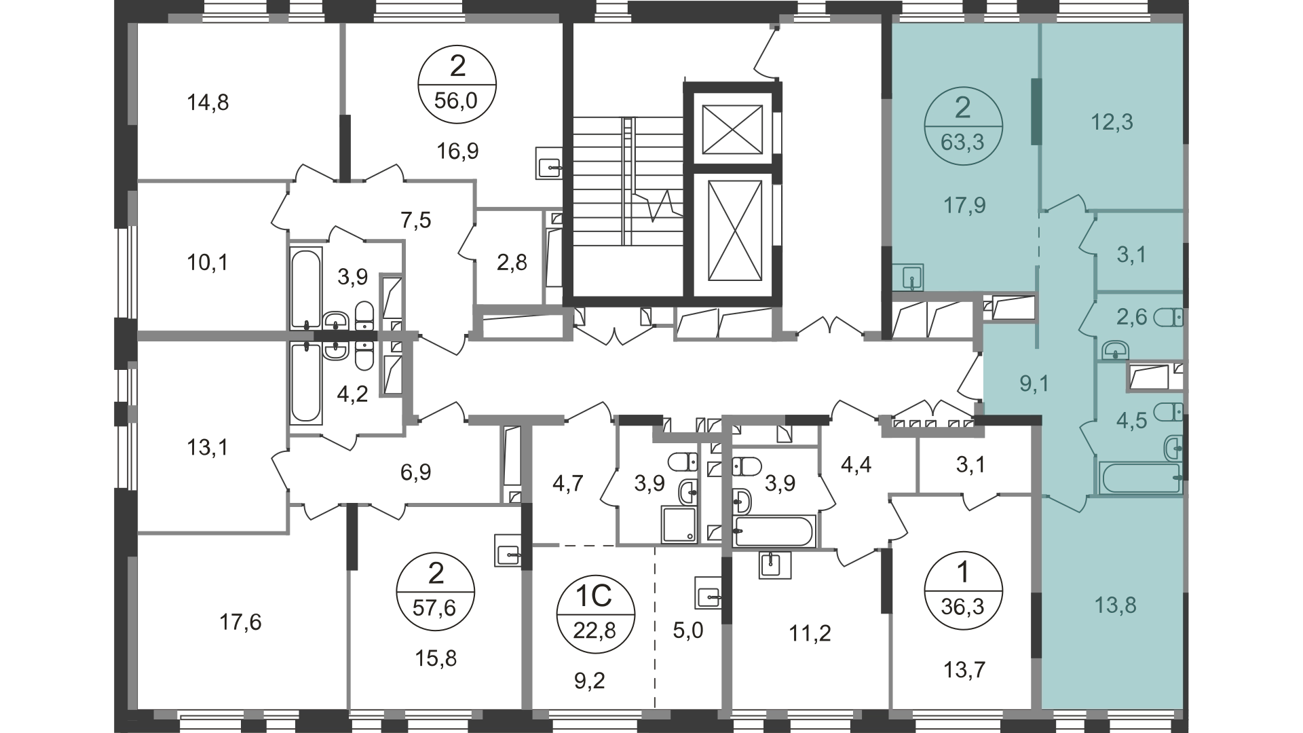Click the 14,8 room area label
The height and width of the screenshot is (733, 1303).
207,102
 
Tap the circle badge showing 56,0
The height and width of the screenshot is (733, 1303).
457,83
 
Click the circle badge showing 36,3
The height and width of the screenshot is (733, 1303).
962,590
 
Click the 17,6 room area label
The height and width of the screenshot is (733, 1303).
240,621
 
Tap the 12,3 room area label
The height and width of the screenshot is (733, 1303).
1112,122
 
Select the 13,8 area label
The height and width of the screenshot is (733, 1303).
1114,604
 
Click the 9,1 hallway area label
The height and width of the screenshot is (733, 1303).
1035,384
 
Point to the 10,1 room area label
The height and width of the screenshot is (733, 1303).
207,262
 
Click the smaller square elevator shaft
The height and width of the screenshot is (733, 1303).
732,129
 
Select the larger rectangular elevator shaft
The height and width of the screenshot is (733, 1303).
733,230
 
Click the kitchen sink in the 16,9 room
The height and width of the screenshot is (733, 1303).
549,163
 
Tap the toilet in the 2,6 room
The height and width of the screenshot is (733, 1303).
1168,317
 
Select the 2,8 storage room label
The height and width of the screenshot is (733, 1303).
512,262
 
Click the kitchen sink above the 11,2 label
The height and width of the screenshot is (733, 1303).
774,564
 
